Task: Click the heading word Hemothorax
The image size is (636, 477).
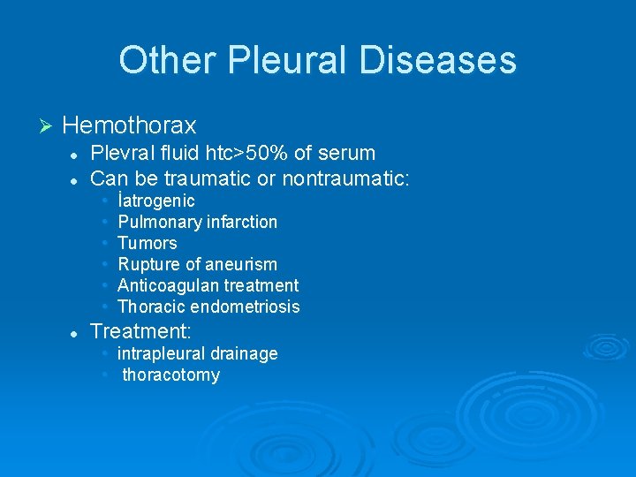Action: point(130,125)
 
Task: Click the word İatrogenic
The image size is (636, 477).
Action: point(156,201)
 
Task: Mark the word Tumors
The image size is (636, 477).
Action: point(148,243)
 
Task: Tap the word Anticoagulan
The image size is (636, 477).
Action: point(168,285)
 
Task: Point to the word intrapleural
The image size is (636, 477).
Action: point(161,353)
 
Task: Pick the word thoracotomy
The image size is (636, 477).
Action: point(170,375)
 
